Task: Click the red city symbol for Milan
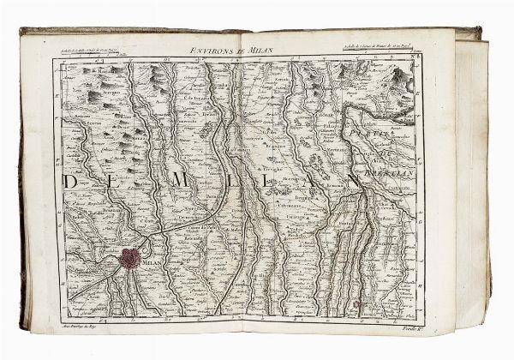pos(130,257)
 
